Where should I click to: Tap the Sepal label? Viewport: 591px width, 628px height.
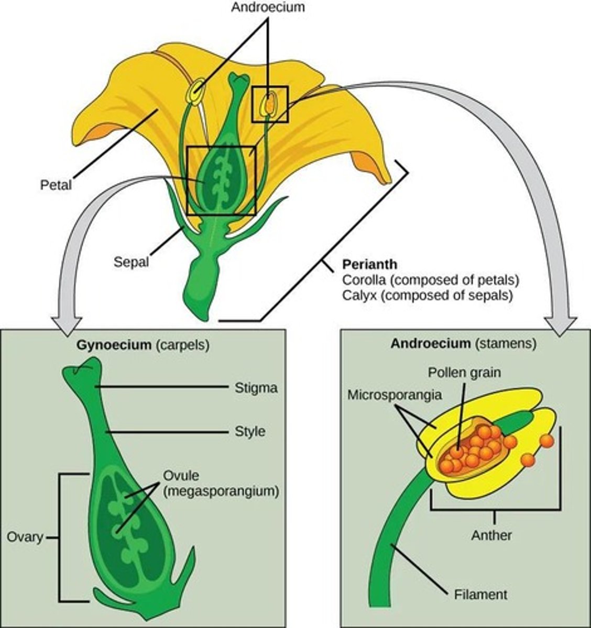point(131,261)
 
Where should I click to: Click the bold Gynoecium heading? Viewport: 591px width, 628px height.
point(110,345)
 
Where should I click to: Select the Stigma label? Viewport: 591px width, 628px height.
point(256,388)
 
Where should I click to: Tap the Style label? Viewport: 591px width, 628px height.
point(250,432)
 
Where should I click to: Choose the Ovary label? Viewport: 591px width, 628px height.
point(25,537)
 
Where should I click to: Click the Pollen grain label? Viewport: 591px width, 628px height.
point(464,373)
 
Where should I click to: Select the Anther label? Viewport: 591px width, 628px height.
point(491,535)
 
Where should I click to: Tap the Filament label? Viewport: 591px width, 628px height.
point(480,595)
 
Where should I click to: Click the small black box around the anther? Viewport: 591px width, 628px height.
point(270,104)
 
